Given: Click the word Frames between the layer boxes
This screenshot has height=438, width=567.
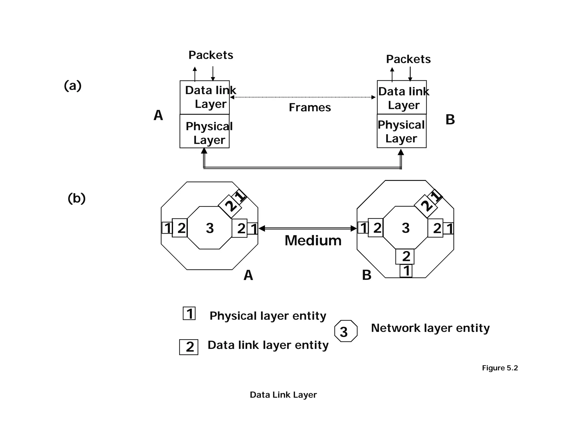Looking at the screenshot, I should pyautogui.click(x=310, y=107).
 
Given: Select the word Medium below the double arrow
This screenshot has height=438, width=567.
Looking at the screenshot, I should pyautogui.click(x=313, y=240).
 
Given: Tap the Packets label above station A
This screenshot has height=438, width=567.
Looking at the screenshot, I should pyautogui.click(x=211, y=55).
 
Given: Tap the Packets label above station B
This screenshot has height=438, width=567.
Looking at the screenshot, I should pyautogui.click(x=408, y=59).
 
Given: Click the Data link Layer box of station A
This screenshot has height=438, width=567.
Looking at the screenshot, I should pyautogui.click(x=205, y=97).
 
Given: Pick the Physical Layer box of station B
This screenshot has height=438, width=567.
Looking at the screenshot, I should pyautogui.click(x=401, y=131).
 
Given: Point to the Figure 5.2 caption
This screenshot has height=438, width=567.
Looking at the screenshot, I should pyautogui.click(x=500, y=368).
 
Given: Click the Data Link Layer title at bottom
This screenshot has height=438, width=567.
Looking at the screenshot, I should pyautogui.click(x=283, y=395).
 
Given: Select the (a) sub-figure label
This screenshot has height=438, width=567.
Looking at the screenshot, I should pyautogui.click(x=73, y=86).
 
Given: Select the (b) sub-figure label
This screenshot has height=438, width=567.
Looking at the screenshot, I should pyautogui.click(x=76, y=198).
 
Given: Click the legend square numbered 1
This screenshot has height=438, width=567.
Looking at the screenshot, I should pyautogui.click(x=189, y=313).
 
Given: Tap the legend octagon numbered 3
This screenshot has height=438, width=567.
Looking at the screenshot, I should pyautogui.click(x=346, y=331).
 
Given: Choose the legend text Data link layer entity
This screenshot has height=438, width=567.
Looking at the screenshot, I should pyautogui.click(x=268, y=345).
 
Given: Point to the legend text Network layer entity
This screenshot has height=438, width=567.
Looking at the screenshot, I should pyautogui.click(x=430, y=328).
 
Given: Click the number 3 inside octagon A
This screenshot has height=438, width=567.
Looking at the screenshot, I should pyautogui.click(x=210, y=228).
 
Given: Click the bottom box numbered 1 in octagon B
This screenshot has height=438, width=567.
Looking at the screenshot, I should pyautogui.click(x=406, y=271).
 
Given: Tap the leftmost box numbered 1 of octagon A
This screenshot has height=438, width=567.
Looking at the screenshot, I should pyautogui.click(x=167, y=228).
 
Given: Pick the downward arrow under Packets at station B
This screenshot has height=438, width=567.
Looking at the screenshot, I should pyautogui.click(x=410, y=74).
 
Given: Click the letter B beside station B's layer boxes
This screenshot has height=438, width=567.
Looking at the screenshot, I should pyautogui.click(x=450, y=120).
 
